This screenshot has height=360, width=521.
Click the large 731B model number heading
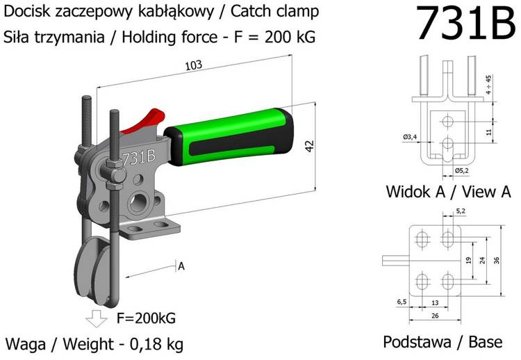pos(464,24)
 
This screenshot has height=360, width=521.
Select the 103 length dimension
pos(194,65)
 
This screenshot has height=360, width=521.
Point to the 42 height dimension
pos(310,147)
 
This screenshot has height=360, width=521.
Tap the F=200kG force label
pos(146,318)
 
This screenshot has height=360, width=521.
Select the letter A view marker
pos(181,265)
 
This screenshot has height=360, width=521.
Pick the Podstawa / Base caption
pos(443,342)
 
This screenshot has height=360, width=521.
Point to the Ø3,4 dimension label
pos(409,137)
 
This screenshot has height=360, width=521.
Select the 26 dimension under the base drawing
pos(434,316)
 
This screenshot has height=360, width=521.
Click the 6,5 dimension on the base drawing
pos(402,302)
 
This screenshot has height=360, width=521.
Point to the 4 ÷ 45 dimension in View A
pos(489,84)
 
